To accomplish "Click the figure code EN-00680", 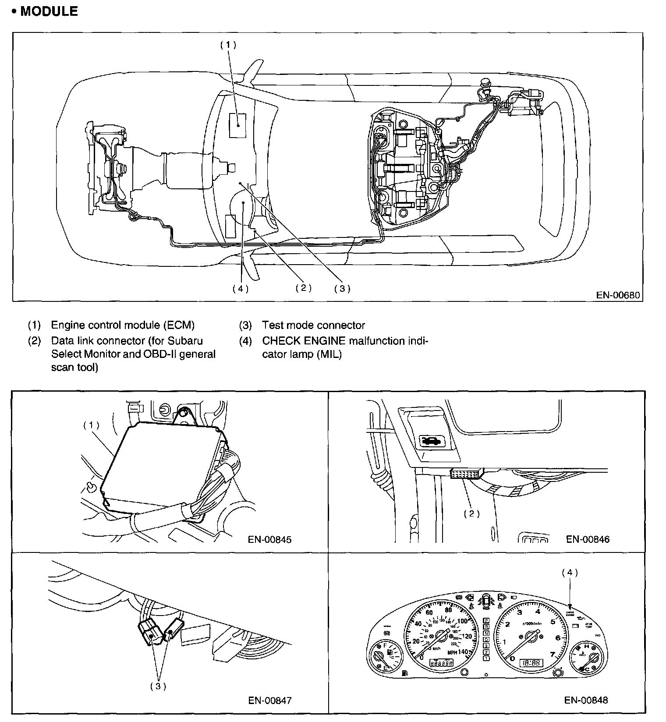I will click(x=618, y=295).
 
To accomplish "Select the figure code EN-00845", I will click(x=269, y=539).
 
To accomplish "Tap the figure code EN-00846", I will click(x=588, y=539).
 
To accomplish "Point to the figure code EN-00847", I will click(x=269, y=701).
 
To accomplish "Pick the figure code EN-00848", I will click(x=586, y=700).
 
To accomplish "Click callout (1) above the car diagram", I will click(x=228, y=45).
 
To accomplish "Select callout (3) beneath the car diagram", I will click(x=342, y=288).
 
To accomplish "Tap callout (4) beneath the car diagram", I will click(x=240, y=289).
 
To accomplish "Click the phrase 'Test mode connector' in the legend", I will click(x=313, y=325).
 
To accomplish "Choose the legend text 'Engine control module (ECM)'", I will click(x=123, y=325).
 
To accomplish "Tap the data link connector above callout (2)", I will click(x=466, y=474).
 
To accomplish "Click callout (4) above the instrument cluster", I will click(x=570, y=573).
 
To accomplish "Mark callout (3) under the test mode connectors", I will click(x=158, y=686).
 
